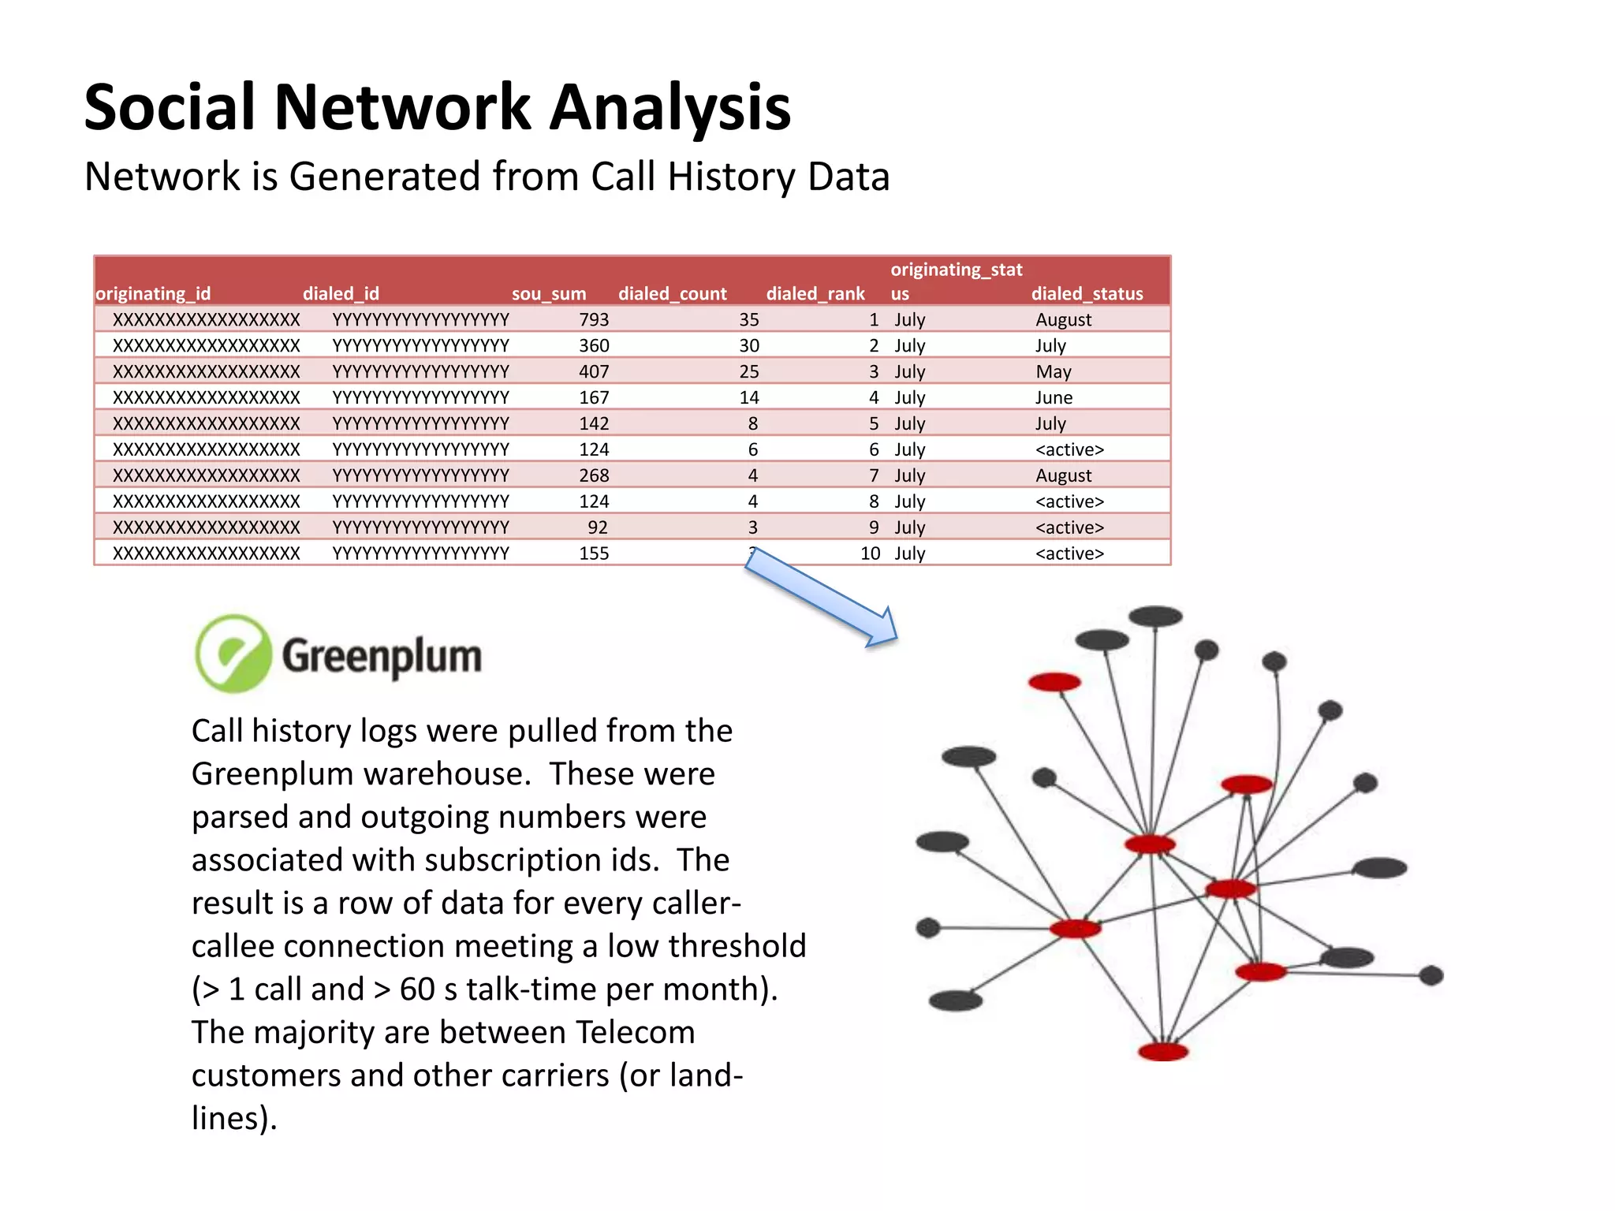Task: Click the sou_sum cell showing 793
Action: coord(594,319)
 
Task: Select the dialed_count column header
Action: coord(672,293)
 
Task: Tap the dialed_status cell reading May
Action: coord(1053,371)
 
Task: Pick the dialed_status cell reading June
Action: coord(1054,397)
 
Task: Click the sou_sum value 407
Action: coord(594,371)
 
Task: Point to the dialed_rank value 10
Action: coord(870,553)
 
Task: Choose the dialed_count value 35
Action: coord(748,319)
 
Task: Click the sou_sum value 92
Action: coord(597,527)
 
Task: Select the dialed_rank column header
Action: coord(815,293)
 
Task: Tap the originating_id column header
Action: coord(153,293)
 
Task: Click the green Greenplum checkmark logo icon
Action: coord(233,654)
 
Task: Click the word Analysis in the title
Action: coord(669,107)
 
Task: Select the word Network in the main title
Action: coord(402,107)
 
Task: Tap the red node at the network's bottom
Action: coord(1163,1051)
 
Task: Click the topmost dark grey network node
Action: coord(1155,616)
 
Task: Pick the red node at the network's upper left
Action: coord(1054,682)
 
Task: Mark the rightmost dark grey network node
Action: coord(1431,975)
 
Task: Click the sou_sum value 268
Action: coord(594,475)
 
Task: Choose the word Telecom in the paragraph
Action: coord(635,1032)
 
